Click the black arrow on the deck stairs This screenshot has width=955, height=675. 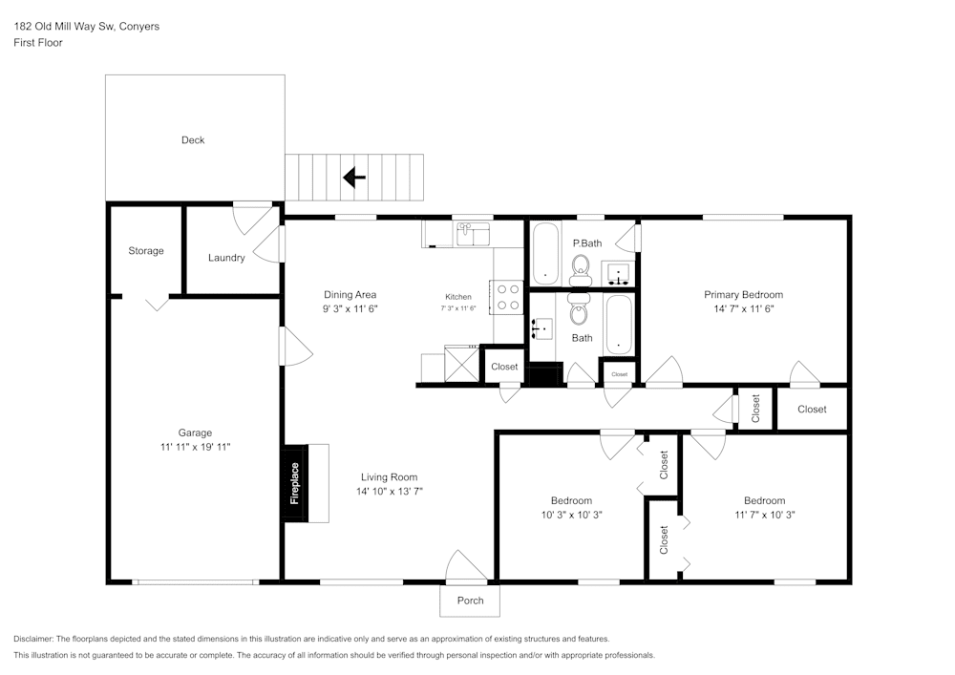(x=354, y=178)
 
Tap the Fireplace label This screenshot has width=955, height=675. (x=295, y=483)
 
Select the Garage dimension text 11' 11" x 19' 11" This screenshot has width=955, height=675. (x=195, y=447)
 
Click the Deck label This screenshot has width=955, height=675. (x=193, y=140)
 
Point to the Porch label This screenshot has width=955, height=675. (x=470, y=601)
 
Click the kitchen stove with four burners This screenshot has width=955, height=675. (x=508, y=297)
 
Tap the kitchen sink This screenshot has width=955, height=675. (x=474, y=234)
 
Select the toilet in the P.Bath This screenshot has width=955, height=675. (x=581, y=270)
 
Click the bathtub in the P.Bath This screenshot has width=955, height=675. (x=545, y=253)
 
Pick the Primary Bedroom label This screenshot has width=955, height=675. (x=744, y=295)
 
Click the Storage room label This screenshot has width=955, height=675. (x=145, y=251)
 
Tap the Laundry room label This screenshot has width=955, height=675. (x=226, y=258)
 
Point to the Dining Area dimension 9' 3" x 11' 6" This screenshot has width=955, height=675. (x=350, y=308)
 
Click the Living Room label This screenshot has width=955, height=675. (x=390, y=477)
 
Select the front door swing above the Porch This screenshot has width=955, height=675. (x=467, y=565)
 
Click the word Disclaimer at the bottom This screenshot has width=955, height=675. (x=32, y=639)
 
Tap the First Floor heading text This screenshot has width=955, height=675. (x=38, y=43)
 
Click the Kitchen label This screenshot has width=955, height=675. (x=458, y=297)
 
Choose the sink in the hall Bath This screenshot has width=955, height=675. (x=541, y=328)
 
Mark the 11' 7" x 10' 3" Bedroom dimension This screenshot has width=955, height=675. (x=764, y=515)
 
